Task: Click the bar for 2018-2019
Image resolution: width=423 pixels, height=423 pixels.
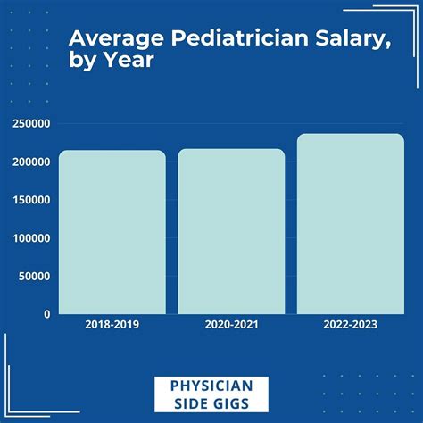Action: (x=112, y=232)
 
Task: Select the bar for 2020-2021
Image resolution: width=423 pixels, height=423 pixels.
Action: (x=231, y=232)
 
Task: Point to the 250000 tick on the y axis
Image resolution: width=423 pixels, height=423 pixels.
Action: (x=31, y=124)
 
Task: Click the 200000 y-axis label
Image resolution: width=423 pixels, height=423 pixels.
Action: (x=31, y=162)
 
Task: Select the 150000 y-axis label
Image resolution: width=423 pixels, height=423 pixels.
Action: (x=31, y=200)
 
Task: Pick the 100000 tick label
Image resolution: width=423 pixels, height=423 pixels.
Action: (x=31, y=238)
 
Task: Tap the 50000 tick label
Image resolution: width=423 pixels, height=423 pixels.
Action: (x=34, y=276)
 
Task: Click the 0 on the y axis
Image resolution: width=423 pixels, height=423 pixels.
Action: (x=46, y=314)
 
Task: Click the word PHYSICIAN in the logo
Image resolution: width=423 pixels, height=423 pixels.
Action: (x=211, y=386)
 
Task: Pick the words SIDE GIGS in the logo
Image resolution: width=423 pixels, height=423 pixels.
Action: (x=211, y=404)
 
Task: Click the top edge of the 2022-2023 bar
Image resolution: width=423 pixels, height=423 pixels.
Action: (x=350, y=135)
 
